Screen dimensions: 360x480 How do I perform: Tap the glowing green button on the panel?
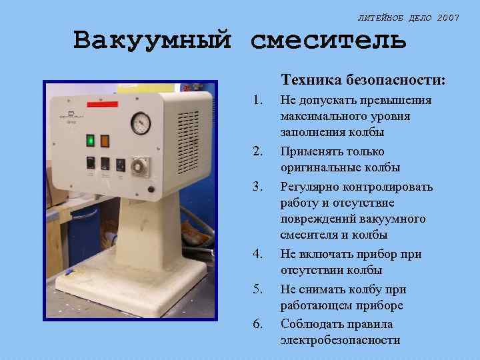coord(90,140)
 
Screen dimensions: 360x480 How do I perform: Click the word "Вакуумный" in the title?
coord(153,41)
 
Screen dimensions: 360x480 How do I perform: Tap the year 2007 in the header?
coord(448,17)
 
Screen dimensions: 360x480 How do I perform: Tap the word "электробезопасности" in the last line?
coord(340,340)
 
